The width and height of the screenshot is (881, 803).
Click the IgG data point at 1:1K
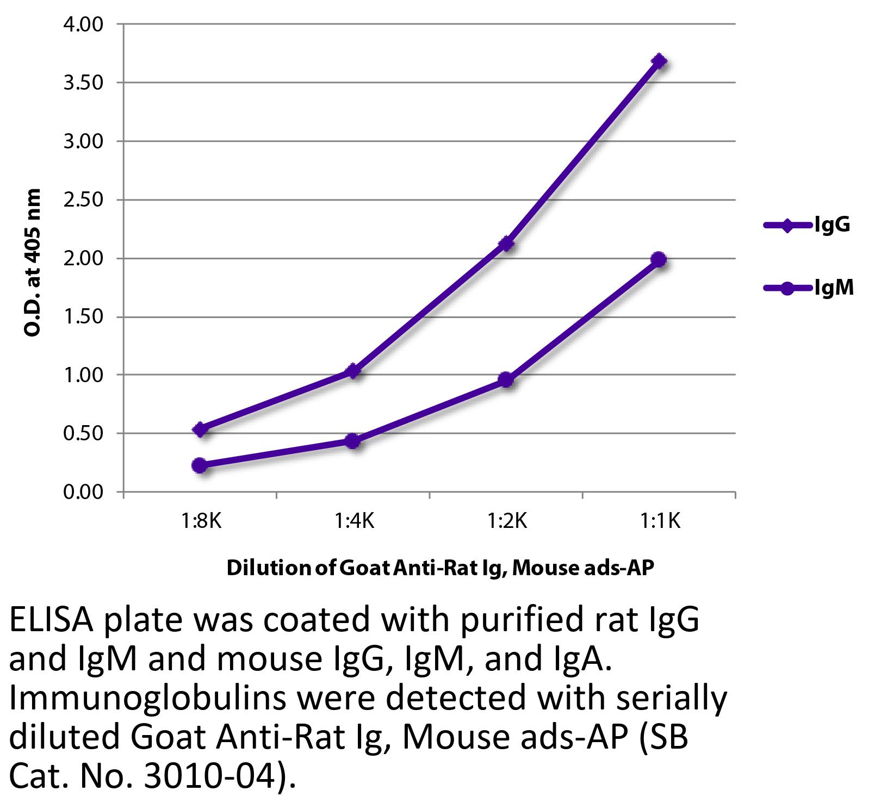659,61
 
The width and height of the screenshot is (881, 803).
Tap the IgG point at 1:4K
353,371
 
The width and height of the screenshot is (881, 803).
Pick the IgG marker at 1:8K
200,429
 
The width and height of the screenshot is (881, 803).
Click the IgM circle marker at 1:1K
659,259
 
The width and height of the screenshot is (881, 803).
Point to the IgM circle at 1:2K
506,379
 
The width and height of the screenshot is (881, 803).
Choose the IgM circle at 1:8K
200,465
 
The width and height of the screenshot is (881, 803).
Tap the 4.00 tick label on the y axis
82,25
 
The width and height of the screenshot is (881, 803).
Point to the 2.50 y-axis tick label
82,200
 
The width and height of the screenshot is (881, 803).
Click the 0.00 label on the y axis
82,493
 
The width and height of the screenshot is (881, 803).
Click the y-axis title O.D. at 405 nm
34,262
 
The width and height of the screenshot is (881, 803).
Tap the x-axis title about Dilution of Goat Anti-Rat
440,568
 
